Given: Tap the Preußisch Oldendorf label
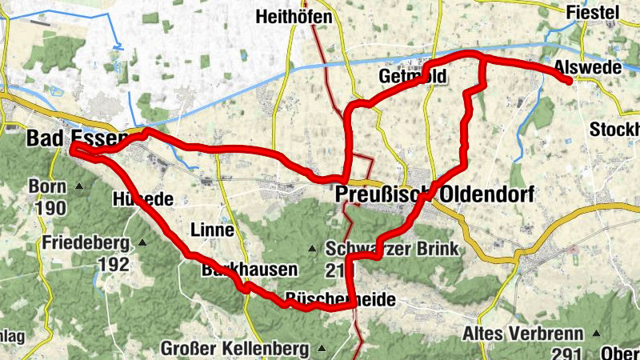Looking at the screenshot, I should (x=434, y=194).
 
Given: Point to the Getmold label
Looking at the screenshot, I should (x=411, y=76).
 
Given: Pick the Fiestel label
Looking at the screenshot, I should (x=593, y=12).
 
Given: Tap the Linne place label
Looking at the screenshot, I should (x=212, y=230).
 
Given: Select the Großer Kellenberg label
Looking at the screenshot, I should (x=234, y=349).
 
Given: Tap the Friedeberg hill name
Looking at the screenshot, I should (x=87, y=242).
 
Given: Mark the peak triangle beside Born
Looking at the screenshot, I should (x=79, y=186).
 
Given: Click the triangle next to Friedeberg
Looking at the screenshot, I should (x=142, y=242).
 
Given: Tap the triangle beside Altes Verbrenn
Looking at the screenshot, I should (x=596, y=332).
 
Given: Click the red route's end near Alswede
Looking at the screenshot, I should (x=568, y=81).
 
